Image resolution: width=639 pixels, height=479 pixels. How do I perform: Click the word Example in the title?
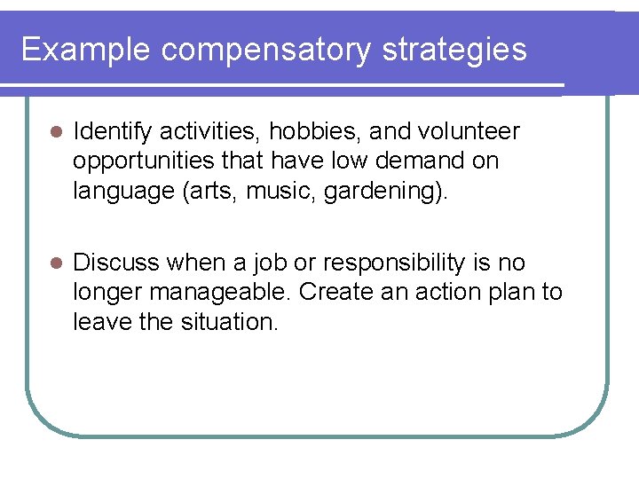point(86,50)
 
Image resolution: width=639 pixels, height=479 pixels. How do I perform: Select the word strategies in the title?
point(454,50)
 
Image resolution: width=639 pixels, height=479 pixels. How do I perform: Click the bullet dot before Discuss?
point(53,263)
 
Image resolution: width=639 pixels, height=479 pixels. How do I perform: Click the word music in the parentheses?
point(283,192)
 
